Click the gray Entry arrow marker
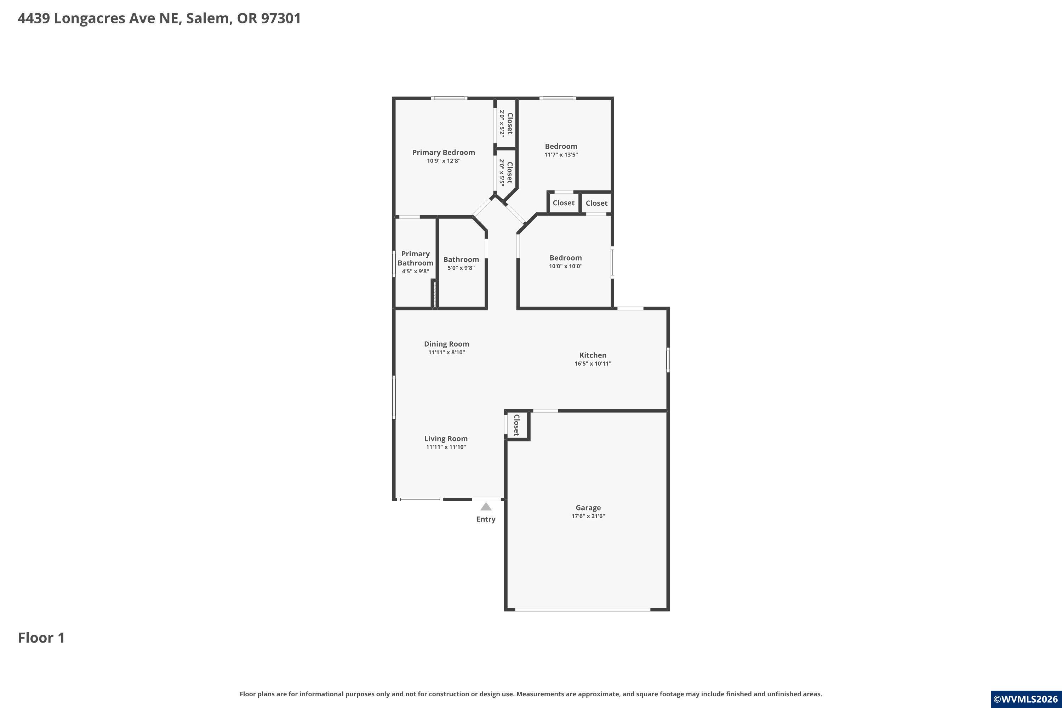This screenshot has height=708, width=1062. coord(486,506)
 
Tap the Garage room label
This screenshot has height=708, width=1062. coord(588,508)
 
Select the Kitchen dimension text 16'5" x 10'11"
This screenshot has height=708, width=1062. coord(593,364)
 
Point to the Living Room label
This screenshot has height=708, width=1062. coord(446,439)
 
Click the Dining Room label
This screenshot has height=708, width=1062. coord(446,344)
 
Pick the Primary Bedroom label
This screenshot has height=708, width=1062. coord(444,153)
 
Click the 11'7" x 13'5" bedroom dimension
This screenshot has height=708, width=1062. coord(561,154)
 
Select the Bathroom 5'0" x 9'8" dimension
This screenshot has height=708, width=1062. coord(461,268)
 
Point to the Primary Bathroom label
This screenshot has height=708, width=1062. coord(415,258)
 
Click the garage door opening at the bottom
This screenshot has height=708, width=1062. coord(582,610)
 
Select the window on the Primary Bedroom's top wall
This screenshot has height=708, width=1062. coord(449,98)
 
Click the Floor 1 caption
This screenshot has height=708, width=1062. coord(41,638)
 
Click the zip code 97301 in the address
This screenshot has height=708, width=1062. coord(281,18)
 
